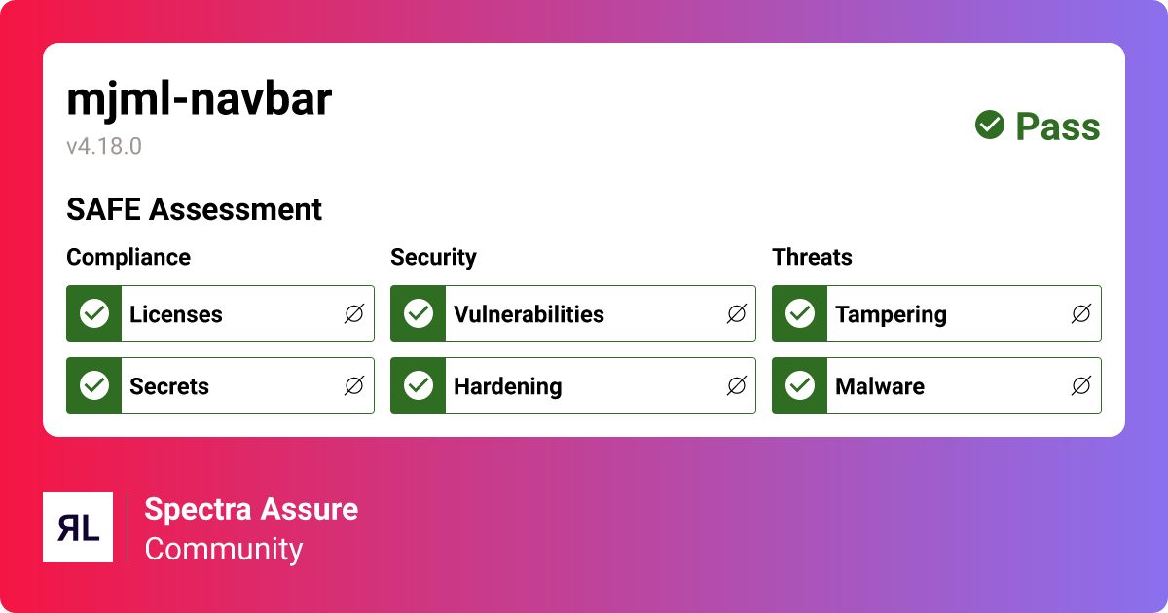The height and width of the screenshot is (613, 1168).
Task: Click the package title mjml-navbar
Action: point(199,100)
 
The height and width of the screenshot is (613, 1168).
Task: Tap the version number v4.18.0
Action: point(104,147)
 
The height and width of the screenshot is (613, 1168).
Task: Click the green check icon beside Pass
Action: point(990,125)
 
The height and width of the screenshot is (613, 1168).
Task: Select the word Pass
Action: point(1058,126)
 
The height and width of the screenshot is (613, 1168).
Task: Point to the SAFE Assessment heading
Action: point(194,209)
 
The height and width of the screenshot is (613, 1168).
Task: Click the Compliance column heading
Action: point(128,257)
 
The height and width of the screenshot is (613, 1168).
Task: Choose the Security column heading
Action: point(433,257)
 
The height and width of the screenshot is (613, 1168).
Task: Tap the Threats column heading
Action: point(812,257)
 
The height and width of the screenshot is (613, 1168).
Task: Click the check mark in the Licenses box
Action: point(94,313)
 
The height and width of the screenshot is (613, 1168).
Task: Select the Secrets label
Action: point(169,386)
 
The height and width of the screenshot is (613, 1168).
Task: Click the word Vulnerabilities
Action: point(529,314)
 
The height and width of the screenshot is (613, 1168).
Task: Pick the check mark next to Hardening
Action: point(419,385)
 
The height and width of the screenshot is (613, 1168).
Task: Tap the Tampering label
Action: point(891,314)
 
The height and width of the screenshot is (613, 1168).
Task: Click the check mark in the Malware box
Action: point(800,385)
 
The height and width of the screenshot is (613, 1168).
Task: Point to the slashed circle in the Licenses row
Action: point(354,313)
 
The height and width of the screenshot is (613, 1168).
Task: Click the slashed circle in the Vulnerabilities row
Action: point(737,313)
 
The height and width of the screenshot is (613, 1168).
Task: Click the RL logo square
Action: point(78,527)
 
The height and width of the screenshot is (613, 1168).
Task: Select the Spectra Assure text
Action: point(251,509)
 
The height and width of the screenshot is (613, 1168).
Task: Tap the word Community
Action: point(224,549)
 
